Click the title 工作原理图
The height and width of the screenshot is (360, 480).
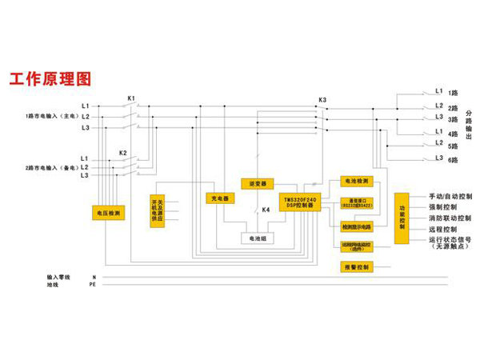coord(50,78)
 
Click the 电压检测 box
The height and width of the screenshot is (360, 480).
coord(108,214)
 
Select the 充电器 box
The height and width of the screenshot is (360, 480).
coord(219,198)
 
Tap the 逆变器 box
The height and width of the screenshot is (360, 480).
coord(257,183)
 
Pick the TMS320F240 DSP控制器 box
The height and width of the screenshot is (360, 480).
coord(299,202)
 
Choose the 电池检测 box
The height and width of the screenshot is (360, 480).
coord(355,182)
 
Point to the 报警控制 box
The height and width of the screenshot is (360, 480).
coord(355,267)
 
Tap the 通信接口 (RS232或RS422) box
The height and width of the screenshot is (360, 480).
coord(355,202)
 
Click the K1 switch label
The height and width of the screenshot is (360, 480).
coord(131,98)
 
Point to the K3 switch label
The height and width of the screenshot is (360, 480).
coord(322,100)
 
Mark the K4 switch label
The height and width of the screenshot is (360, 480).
coord(266,210)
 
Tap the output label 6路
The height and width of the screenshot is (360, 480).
coord(453,161)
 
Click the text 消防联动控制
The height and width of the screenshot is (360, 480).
coord(450,218)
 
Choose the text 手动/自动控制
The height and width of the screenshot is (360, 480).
coord(450,196)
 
